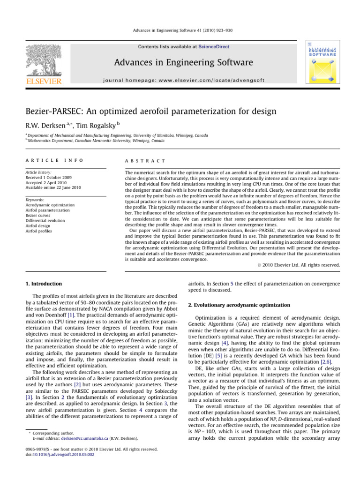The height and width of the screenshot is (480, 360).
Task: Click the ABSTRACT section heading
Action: [x=141, y=160]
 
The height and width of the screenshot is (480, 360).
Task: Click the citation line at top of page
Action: [x=180, y=31]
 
